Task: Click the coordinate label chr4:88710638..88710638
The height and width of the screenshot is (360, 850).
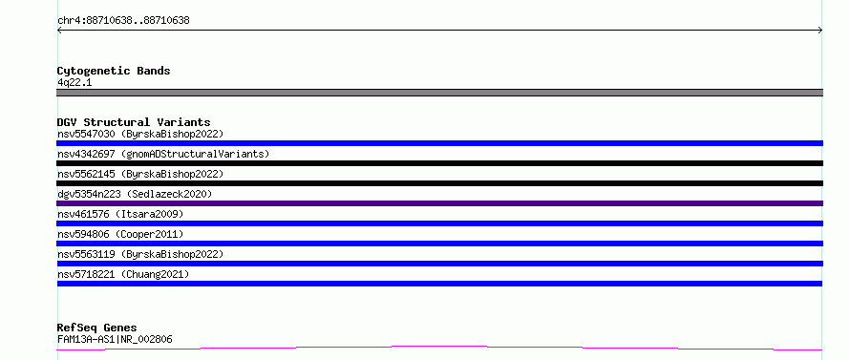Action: tap(123, 21)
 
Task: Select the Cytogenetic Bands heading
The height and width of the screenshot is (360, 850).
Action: tap(114, 71)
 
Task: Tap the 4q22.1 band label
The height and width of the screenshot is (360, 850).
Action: tap(74, 83)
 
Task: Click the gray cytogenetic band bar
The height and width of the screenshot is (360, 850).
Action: tap(439, 93)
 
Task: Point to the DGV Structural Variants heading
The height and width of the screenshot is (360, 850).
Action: tap(134, 122)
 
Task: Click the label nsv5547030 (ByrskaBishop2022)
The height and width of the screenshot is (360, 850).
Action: tap(140, 134)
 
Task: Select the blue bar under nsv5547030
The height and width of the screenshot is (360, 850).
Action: tap(439, 143)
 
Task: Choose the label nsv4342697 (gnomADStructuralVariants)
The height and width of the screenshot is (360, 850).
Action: tap(163, 154)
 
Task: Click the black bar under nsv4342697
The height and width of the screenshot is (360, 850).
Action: tap(439, 163)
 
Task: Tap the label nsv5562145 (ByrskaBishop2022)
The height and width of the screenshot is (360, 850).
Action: tap(140, 174)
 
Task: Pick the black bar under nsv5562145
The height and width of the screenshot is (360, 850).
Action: tap(439, 183)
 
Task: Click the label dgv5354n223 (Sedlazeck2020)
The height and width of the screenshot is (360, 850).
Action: tap(135, 194)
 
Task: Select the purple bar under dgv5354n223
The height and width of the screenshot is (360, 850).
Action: tap(439, 203)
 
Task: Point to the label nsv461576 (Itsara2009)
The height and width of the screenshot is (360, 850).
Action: tap(120, 214)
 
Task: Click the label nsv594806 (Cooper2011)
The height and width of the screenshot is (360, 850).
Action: tap(120, 234)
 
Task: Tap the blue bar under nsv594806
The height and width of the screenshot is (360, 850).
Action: tap(439, 244)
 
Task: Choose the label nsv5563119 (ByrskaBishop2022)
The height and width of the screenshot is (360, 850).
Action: tap(140, 254)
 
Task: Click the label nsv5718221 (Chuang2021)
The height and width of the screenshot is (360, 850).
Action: tap(123, 274)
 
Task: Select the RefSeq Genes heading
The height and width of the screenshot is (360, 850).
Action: tap(96, 328)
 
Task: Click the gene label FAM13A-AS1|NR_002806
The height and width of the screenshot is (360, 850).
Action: tap(115, 340)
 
